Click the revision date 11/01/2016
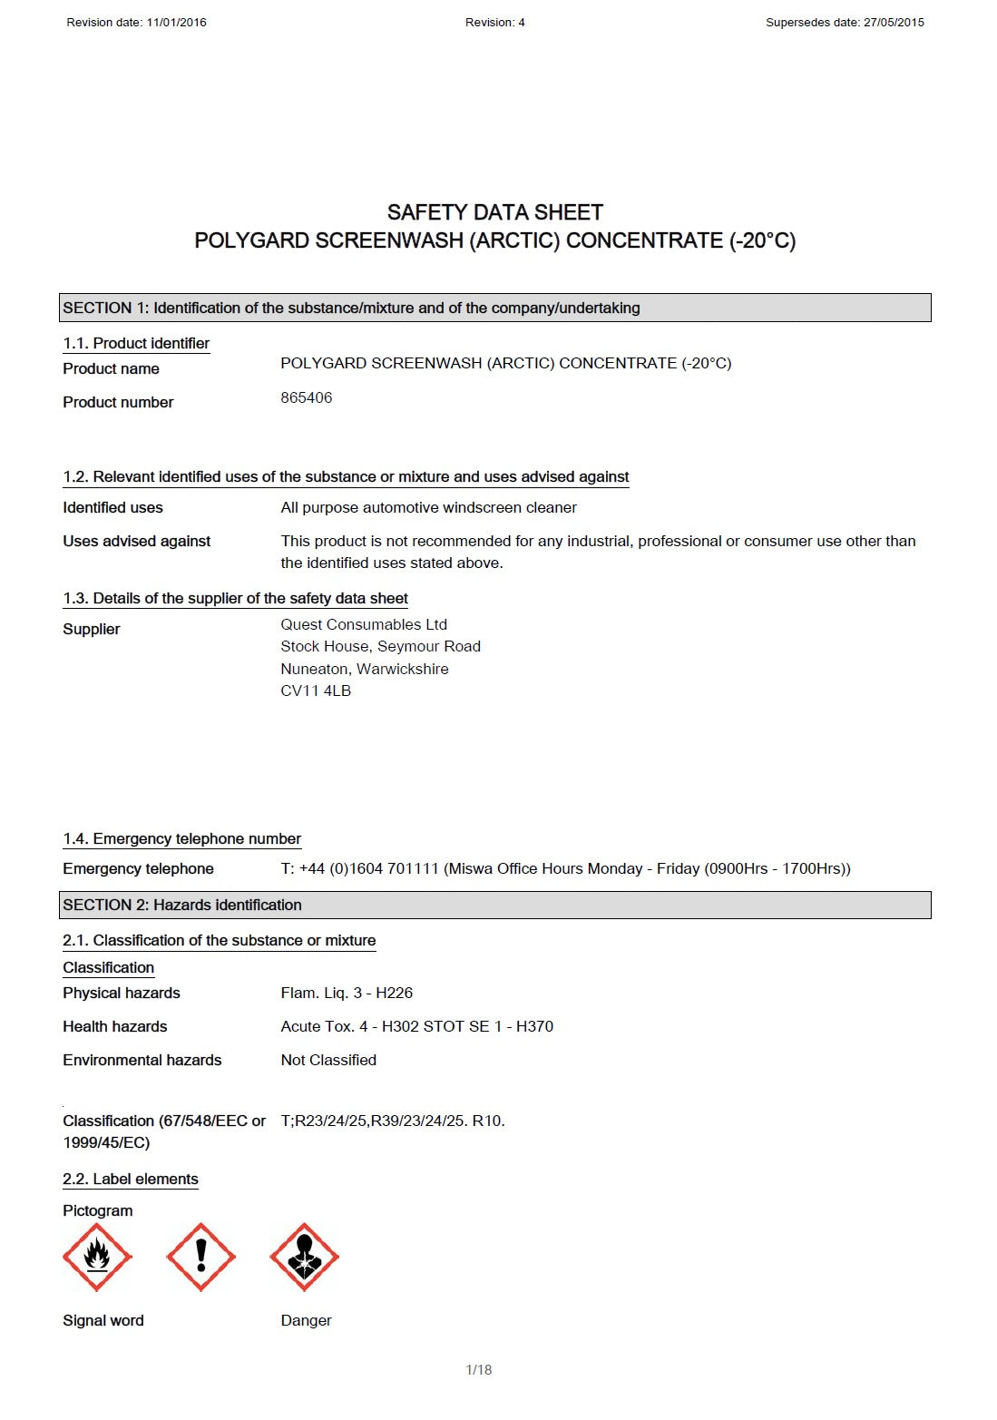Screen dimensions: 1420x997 (x=176, y=23)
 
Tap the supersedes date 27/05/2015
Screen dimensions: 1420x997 (x=894, y=23)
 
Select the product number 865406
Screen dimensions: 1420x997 (x=307, y=397)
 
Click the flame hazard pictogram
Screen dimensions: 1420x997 (x=97, y=1257)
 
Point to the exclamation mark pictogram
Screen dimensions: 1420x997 (x=201, y=1257)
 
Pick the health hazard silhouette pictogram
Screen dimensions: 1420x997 (x=305, y=1257)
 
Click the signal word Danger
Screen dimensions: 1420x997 (x=306, y=1320)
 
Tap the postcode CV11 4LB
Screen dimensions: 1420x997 (x=316, y=690)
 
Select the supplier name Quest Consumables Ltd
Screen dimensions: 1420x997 (x=364, y=624)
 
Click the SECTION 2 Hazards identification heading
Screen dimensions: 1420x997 (x=182, y=905)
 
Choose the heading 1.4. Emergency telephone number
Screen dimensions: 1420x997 (x=181, y=838)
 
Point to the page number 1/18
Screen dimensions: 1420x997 (x=479, y=1370)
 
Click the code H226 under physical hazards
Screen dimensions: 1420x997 (x=395, y=993)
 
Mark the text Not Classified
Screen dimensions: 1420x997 (x=328, y=1060)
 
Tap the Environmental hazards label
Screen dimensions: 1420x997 (x=142, y=1060)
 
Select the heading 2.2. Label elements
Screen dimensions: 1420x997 (x=131, y=1179)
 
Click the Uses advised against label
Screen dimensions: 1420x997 (x=137, y=541)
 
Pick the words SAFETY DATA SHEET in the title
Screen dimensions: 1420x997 (x=495, y=212)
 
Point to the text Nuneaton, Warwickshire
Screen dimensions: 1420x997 (x=365, y=669)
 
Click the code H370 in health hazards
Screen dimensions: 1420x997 (x=534, y=1026)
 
